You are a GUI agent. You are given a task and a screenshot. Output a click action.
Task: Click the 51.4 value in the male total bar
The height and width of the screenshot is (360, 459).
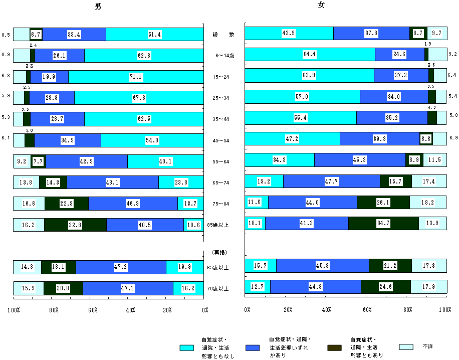click(x=154, y=34)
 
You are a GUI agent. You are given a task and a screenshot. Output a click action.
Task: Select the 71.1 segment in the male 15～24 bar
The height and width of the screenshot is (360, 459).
click(x=135, y=77)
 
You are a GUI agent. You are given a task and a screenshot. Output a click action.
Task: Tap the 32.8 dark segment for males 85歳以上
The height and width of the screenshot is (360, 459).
click(x=75, y=226)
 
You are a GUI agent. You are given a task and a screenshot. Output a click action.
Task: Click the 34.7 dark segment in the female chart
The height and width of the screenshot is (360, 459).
click(x=383, y=223)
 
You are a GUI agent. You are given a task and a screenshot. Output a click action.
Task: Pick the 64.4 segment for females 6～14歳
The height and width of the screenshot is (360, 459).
click(x=309, y=54)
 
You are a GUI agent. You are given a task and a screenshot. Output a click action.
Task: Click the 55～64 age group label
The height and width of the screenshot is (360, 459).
click(x=220, y=162)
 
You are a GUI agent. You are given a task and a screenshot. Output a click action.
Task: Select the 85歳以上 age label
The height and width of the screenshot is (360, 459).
click(x=218, y=226)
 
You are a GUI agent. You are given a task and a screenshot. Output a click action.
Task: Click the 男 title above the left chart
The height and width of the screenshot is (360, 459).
click(x=100, y=7)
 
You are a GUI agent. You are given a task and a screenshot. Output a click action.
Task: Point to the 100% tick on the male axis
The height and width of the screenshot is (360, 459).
click(x=13, y=310)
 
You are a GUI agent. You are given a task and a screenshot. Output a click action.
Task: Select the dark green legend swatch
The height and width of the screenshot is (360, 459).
click(x=334, y=347)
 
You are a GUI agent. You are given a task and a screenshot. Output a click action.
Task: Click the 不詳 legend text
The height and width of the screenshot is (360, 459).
click(x=427, y=346)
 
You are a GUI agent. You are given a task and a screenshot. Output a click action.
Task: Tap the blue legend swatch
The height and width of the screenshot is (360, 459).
click(x=253, y=347)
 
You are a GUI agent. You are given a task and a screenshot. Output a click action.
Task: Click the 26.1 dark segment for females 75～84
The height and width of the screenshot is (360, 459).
click(x=383, y=202)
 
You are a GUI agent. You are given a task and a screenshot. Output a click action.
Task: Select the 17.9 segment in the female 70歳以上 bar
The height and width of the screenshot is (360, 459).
click(x=428, y=287)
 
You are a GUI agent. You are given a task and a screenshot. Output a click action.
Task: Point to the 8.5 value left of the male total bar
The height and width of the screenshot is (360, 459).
click(x=7, y=35)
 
